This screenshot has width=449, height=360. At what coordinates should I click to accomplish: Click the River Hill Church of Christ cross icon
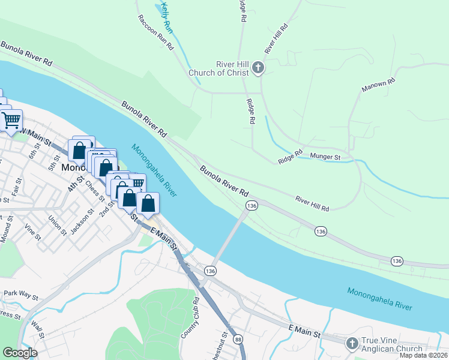click(258, 67)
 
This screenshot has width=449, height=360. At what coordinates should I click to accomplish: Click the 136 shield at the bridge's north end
click(252, 206)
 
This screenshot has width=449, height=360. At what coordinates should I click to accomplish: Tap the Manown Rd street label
click(378, 85)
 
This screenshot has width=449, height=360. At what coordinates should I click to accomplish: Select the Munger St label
click(325, 157)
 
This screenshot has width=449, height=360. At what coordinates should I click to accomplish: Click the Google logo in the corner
click(20, 353)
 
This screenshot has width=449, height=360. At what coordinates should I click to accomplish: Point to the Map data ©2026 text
click(423, 355)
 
